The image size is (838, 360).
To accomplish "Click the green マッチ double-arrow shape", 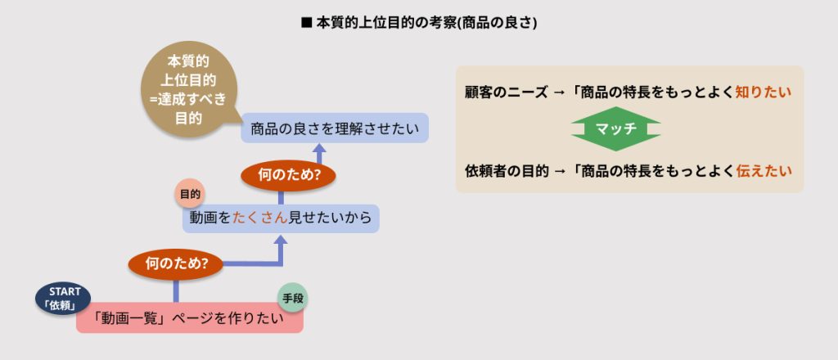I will (x=615, y=129).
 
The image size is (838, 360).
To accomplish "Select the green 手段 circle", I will (x=292, y=299).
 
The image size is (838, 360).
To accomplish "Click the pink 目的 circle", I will (x=191, y=195).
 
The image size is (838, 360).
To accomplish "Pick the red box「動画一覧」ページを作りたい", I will (x=190, y=320).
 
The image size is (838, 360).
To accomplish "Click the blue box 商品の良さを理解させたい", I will (x=335, y=128).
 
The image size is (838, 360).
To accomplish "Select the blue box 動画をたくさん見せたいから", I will (x=281, y=218).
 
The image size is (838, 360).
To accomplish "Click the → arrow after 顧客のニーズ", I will (x=559, y=92).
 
